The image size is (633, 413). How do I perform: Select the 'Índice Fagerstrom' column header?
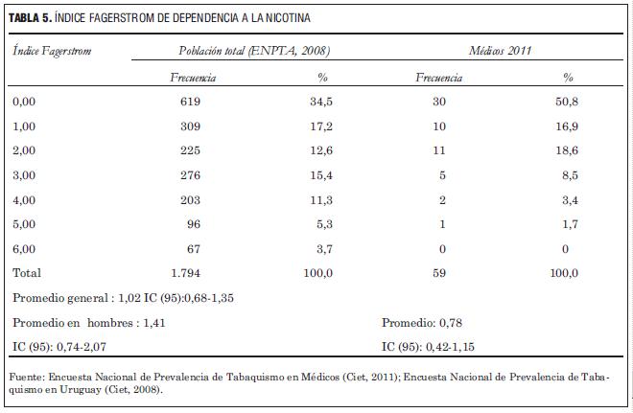tap(53, 51)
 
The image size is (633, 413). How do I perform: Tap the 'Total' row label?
tap(26, 273)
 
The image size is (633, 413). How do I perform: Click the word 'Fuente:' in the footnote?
tap(26, 377)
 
